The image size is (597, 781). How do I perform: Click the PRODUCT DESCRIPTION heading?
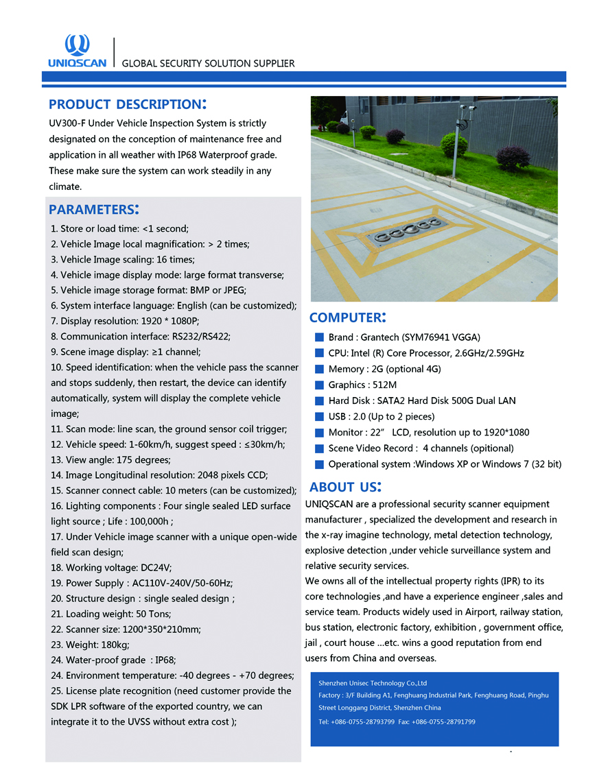pyautogui.click(x=127, y=104)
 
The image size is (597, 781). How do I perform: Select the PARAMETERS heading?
pyautogui.click(x=94, y=209)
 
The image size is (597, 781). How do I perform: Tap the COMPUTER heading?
pyautogui.click(x=347, y=317)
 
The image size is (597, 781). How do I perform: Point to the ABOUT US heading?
pyautogui.click(x=345, y=488)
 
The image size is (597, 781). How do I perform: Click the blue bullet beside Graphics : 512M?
pyautogui.click(x=319, y=385)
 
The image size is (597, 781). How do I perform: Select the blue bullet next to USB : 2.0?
pyautogui.click(x=319, y=416)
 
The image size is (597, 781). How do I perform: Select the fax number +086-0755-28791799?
pyautogui.click(x=443, y=722)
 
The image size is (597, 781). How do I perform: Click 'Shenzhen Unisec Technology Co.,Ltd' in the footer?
pyautogui.click(x=373, y=683)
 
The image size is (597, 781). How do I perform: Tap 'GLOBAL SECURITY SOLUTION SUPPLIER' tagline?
pyautogui.click(x=208, y=64)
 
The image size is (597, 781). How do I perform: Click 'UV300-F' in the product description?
pyautogui.click(x=68, y=123)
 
